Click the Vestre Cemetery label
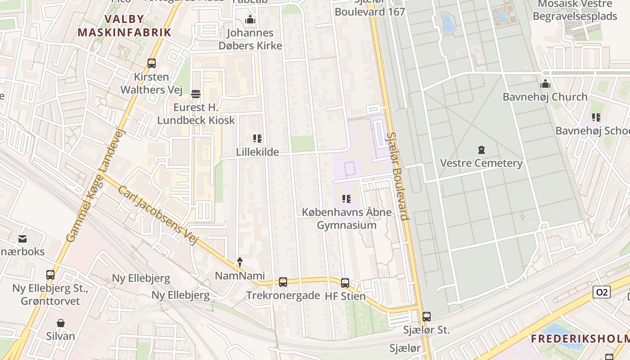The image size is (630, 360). [481, 163]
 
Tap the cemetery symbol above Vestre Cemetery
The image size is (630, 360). [481, 149]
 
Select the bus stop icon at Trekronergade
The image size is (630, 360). [283, 282]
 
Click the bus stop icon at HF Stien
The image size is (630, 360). [345, 283]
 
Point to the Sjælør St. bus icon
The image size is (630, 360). [427, 317]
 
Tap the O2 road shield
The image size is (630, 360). [602, 292]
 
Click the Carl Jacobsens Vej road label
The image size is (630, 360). [158, 215]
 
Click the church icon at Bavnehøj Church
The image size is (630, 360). [545, 84]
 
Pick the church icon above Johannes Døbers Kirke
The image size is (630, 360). [250, 20]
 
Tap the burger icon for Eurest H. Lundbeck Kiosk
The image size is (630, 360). [196, 94]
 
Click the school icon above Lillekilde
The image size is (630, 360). [257, 139]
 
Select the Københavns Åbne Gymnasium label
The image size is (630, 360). [346, 219]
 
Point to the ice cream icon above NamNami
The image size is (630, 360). [240, 262]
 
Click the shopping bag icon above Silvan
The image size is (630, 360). [61, 323]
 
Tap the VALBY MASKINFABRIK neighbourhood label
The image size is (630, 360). [124, 26]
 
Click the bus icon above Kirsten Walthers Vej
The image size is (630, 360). [152, 63]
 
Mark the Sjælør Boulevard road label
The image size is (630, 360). [398, 175]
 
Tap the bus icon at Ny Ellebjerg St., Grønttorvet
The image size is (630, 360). [50, 275]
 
